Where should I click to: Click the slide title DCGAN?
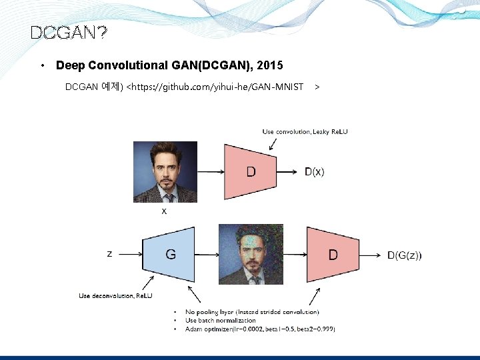point(69,33)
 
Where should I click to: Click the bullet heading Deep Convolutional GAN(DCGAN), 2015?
point(169,65)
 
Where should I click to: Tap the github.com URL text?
point(215,87)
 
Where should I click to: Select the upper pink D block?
point(251,172)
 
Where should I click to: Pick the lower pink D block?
point(333,255)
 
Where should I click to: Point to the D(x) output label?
point(315,172)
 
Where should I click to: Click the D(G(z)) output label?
point(404,255)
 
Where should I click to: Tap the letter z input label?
point(109,253)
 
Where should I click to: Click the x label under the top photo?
point(164,211)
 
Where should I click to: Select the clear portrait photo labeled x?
point(165,171)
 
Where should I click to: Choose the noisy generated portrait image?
point(251,254)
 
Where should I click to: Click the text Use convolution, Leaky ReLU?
point(305,131)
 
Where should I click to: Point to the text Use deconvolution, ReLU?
point(115,295)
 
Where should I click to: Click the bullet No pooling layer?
point(252,312)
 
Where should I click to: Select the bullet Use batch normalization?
point(220,321)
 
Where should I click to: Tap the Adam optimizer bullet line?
point(260,329)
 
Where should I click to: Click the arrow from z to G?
point(131,254)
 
